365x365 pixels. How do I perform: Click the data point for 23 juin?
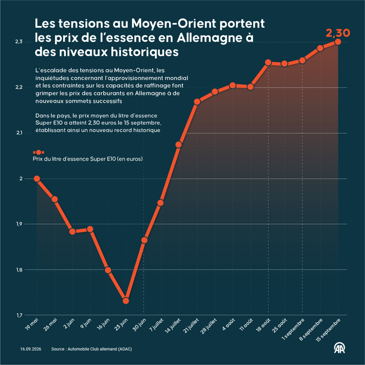tap(126, 301)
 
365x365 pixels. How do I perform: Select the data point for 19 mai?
tap(37, 179)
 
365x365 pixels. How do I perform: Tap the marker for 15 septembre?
tap(338, 42)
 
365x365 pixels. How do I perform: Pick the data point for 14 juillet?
tap(179, 145)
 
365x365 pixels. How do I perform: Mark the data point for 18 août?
tap(268, 62)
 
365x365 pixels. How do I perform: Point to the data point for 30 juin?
tap(144, 240)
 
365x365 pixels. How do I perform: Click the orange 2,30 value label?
tap(338, 33)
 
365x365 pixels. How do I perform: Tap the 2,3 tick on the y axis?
tap(19, 42)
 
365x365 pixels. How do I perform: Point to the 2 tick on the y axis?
tap(21, 179)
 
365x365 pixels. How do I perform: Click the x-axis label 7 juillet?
tap(156, 325)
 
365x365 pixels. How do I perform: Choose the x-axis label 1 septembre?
tap(293, 329)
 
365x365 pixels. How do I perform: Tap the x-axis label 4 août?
tap(228, 324)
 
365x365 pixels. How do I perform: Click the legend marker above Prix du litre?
tap(39, 152)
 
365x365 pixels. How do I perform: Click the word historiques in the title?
tap(145, 51)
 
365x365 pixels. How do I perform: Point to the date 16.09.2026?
tap(31, 349)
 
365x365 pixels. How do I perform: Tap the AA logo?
tap(340, 348)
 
